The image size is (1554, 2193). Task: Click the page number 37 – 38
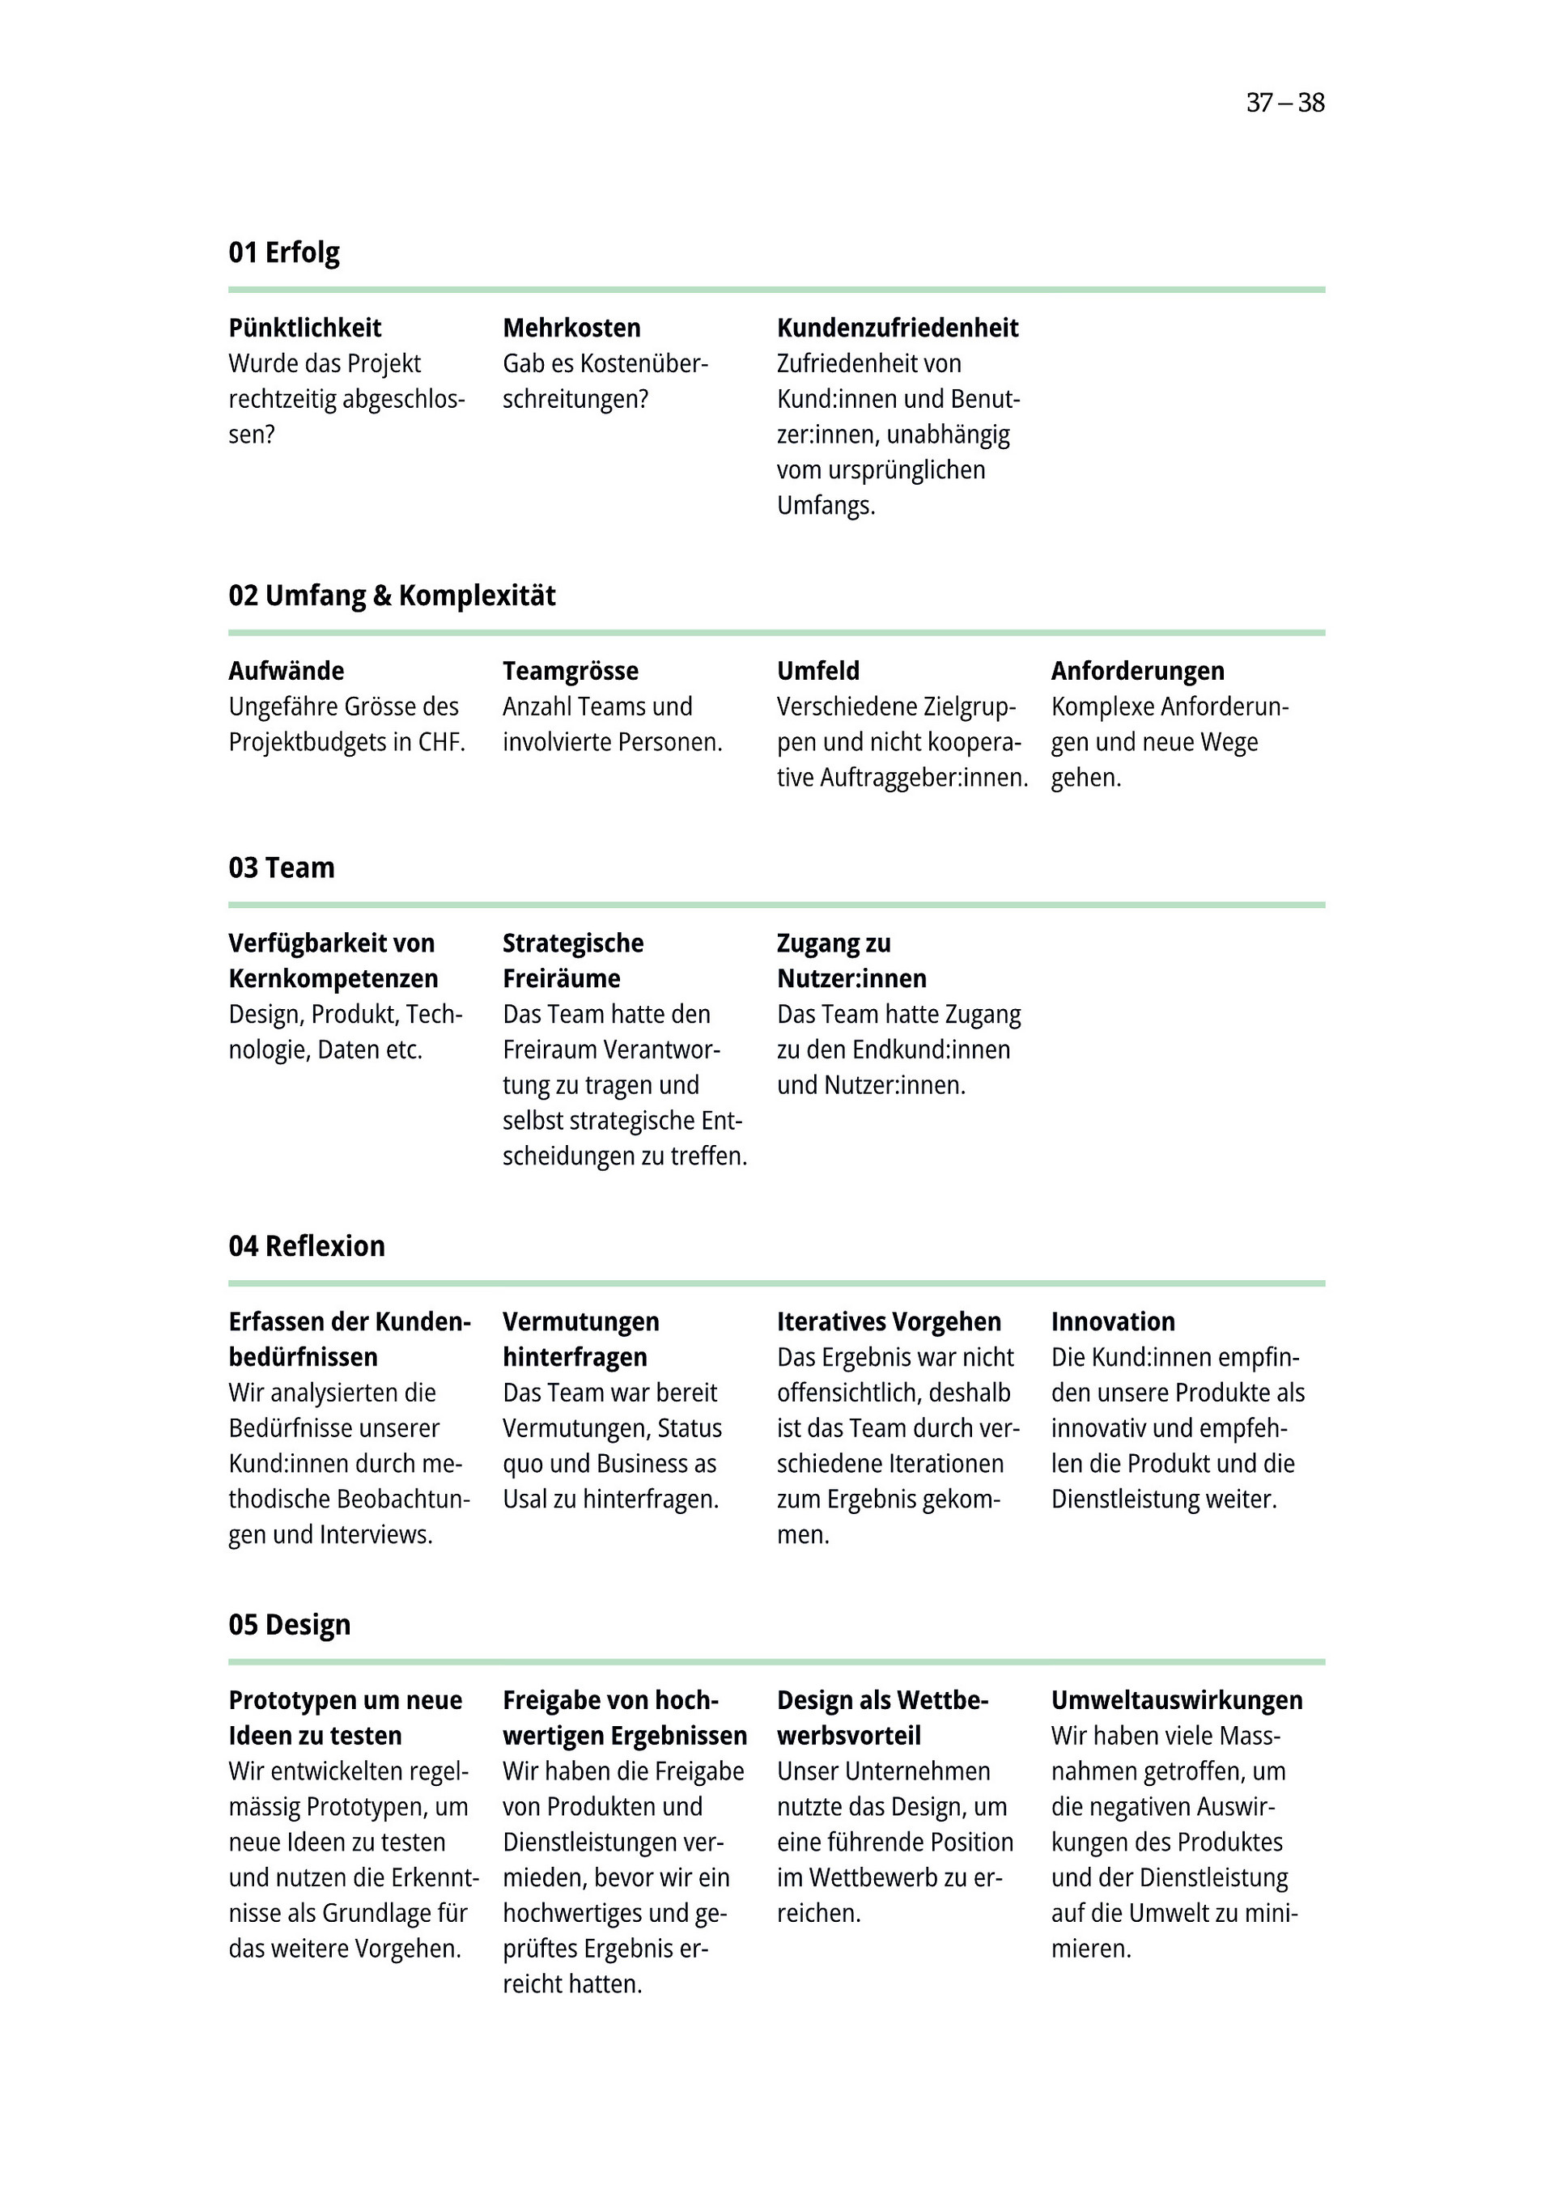coord(1284,103)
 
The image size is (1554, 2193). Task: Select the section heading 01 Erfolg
coord(283,252)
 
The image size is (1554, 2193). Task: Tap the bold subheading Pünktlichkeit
coord(304,329)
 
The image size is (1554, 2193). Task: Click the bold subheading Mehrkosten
coord(571,329)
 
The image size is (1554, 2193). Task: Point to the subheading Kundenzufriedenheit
coord(897,329)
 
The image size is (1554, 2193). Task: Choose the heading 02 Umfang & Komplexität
coord(392,596)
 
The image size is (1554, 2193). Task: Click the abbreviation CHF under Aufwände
coord(440,743)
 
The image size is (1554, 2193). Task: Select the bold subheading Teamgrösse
coord(571,672)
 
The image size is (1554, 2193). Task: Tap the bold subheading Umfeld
coord(818,672)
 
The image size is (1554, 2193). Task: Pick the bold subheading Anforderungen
coord(1137,672)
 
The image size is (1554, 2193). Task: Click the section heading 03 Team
coord(282,867)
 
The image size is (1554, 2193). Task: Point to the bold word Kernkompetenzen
coord(333,979)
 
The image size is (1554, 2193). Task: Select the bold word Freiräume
coord(561,979)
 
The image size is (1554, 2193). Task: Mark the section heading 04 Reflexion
coord(306,1245)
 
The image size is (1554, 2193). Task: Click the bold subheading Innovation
coord(1113,1322)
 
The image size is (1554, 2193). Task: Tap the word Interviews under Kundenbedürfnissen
coord(375,1535)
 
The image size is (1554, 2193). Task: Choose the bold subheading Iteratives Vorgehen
coord(888,1322)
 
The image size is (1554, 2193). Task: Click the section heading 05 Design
coord(289,1625)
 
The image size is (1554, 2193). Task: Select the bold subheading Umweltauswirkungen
coord(1176,1700)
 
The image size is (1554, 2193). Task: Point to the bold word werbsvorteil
coord(849,1736)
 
